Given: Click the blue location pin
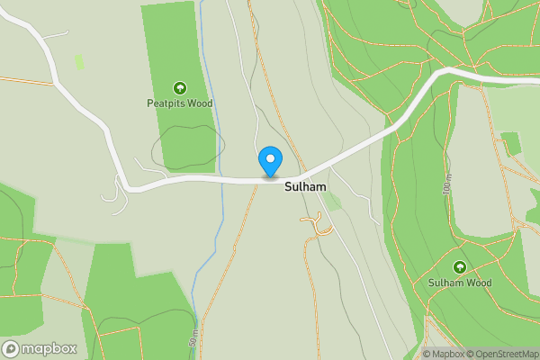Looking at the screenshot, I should click(270, 162).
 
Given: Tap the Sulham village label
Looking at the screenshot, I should click(304, 187).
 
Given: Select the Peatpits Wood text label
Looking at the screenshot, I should click(179, 103).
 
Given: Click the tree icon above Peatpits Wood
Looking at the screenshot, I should click(179, 88).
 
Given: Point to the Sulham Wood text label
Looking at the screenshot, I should click(460, 283).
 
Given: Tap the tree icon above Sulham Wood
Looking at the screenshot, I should click(460, 267).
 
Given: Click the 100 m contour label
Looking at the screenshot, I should click(447, 186).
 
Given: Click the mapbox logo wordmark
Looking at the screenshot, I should click(49, 349).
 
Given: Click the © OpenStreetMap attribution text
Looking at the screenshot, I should click(504, 354).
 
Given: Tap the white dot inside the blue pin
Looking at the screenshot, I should click(270, 157).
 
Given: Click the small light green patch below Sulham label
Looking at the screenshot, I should click(332, 202).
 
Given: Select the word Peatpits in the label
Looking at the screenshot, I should click(165, 103).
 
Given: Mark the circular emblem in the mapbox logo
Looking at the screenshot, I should click(12, 349).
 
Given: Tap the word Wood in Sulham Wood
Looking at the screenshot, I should click(479, 283).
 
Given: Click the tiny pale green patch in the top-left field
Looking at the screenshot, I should click(79, 62).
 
